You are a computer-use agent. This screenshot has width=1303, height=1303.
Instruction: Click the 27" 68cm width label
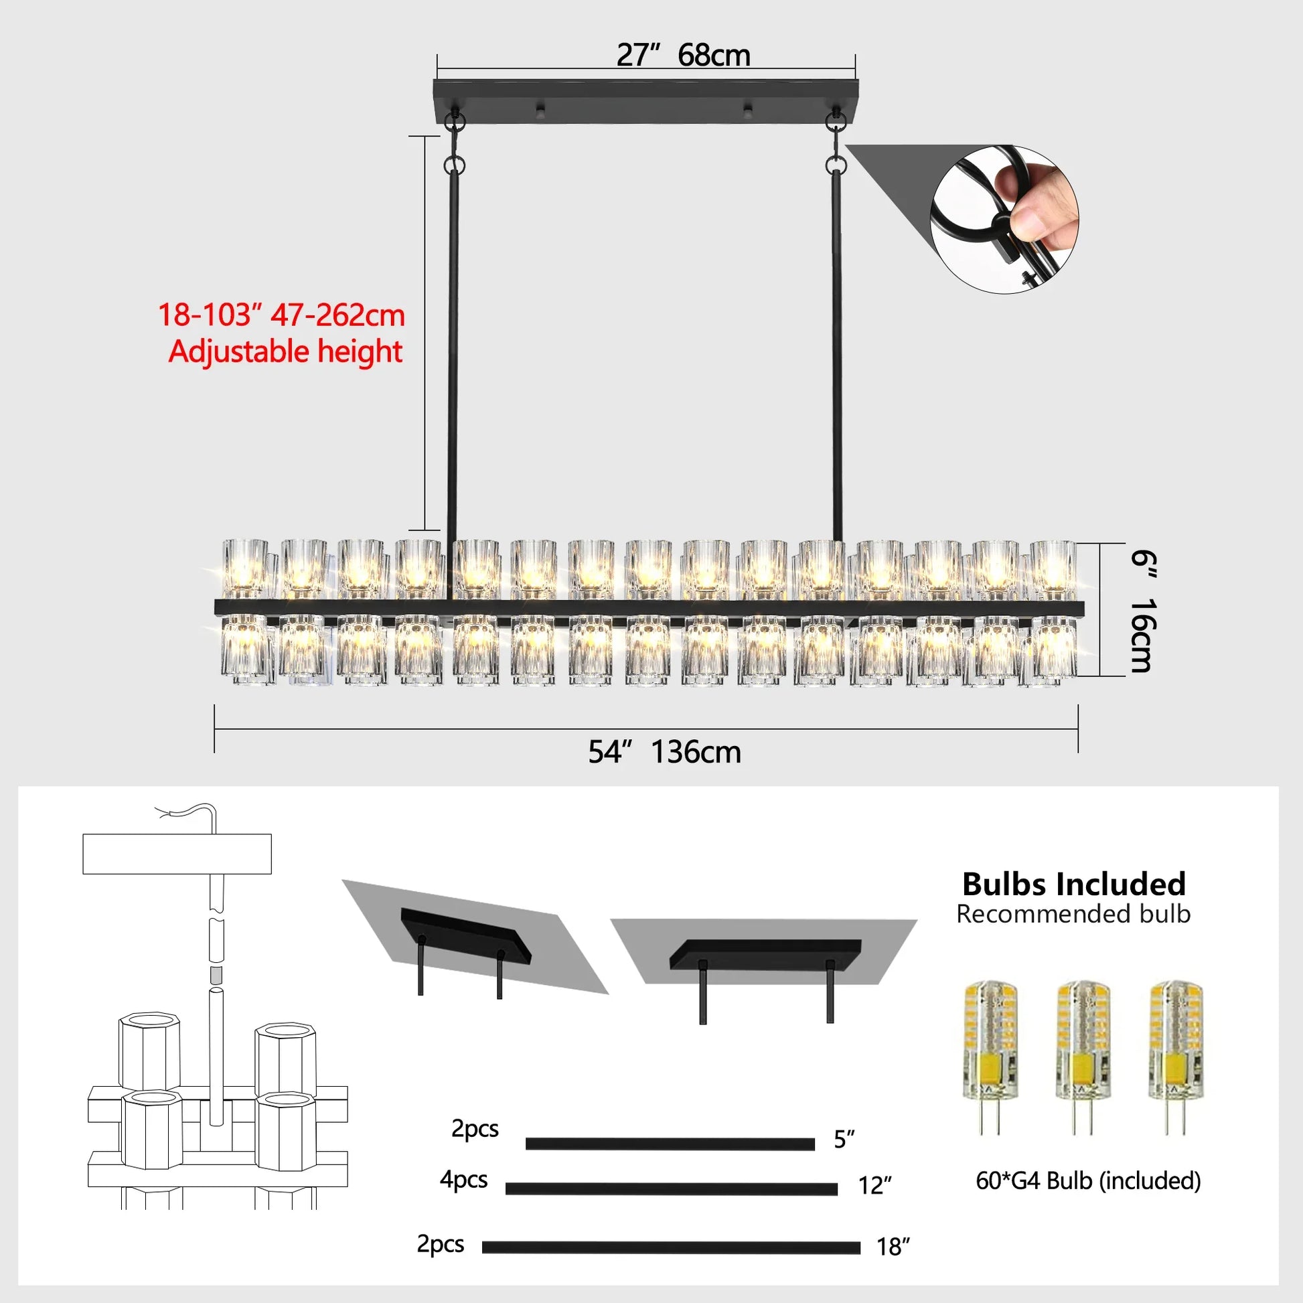point(682,56)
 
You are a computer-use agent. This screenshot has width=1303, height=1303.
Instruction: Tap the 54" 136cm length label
point(664,752)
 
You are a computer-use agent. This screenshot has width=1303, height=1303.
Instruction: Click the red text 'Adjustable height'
point(285,352)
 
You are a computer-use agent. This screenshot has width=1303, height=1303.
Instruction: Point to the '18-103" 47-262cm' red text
point(281,315)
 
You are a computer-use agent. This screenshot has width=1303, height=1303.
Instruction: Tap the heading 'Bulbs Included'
point(1074,883)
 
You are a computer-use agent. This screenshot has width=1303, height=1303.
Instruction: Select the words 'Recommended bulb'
point(1073,914)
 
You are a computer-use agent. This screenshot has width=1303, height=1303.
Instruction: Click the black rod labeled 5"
point(670,1144)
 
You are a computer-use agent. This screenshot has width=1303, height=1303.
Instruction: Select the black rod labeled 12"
point(671,1189)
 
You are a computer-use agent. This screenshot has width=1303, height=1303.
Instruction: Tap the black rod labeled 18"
point(671,1247)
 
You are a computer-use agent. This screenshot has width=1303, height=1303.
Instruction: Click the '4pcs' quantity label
point(463,1179)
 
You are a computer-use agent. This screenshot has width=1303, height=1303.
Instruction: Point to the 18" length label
point(893,1247)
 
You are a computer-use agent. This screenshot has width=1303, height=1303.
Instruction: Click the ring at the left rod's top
point(455,165)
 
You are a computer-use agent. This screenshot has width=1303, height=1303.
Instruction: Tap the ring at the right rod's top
point(836,164)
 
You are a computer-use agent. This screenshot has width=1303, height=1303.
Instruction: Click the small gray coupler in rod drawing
point(216,974)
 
